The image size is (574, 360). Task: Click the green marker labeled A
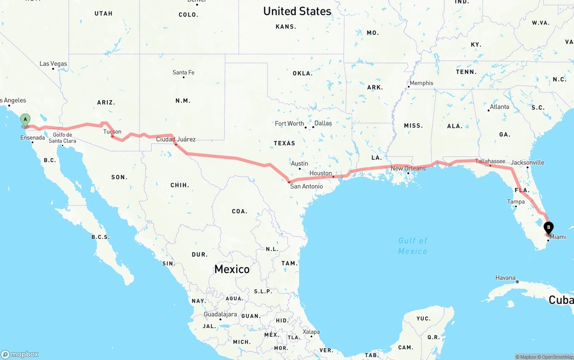(26, 120)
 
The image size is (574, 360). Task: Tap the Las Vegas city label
(53, 64)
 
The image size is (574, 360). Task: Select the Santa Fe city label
(183, 73)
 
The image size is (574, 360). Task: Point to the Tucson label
(112, 131)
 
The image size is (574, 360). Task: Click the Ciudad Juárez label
(176, 139)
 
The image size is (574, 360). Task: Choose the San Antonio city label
(306, 186)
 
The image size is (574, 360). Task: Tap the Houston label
(321, 173)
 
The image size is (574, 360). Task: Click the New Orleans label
(408, 169)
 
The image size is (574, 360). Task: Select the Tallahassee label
(490, 161)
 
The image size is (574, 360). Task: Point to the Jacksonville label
(527, 162)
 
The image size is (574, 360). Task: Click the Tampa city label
(516, 202)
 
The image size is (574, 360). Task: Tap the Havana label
(505, 278)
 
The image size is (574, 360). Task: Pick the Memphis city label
(421, 83)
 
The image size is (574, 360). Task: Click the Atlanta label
(499, 107)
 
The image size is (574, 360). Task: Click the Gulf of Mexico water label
(413, 246)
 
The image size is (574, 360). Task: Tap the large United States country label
(297, 11)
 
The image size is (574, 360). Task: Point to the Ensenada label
(32, 138)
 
